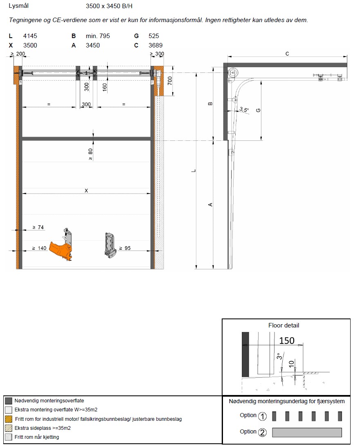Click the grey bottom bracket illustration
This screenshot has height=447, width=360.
tap(110, 245)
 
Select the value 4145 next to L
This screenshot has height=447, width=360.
tap(30, 36)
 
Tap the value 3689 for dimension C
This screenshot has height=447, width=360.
tap(155, 45)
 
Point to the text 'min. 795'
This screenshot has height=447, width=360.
tap(98, 36)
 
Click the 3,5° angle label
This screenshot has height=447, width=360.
tap(244, 109)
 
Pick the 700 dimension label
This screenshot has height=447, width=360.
tap(170, 81)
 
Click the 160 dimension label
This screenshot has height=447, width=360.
tap(105, 87)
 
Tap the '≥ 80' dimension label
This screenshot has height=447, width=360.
tap(90, 154)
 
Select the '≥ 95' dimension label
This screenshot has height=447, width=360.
tap(125, 248)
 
